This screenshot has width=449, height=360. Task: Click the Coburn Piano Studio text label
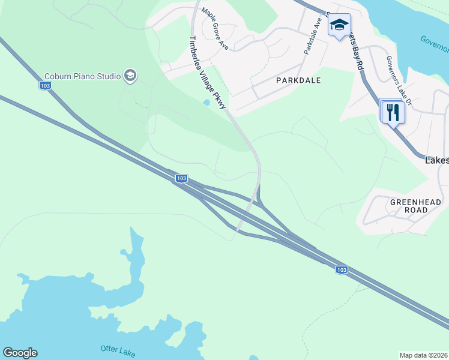point(82,76)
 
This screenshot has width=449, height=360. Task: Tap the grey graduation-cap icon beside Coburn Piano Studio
point(130,76)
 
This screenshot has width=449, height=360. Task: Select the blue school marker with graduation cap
point(339,25)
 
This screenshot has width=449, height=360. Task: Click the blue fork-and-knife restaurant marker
point(393,112)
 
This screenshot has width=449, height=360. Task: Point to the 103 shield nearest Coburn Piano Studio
point(45,86)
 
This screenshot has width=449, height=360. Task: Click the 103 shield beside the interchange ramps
point(182,178)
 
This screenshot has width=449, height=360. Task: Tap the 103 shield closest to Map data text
point(341,270)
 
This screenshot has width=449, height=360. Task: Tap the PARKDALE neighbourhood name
point(298,80)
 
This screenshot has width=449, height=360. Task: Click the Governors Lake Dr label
point(399,80)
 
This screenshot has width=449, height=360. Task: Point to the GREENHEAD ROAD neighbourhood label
point(415,206)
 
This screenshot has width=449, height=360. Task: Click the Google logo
point(20,353)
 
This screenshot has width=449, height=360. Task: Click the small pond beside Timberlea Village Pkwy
point(206,103)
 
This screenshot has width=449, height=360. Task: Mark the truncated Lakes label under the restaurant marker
point(436,161)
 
